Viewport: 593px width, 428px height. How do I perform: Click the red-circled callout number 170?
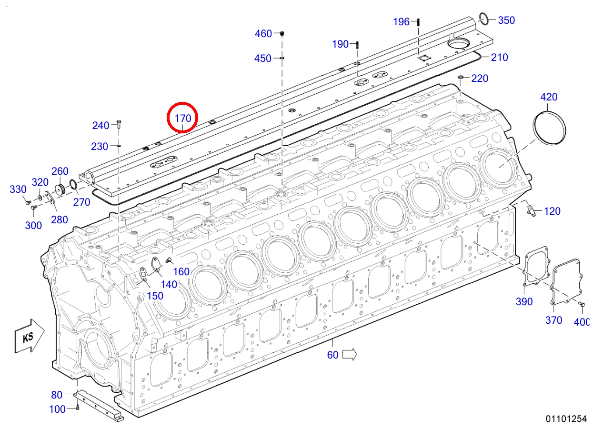[182, 118]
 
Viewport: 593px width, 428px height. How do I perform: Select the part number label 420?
[549, 97]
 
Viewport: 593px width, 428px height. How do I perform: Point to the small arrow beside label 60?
[350, 354]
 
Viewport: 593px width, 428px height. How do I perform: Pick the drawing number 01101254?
[566, 419]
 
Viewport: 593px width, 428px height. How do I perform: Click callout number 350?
[506, 20]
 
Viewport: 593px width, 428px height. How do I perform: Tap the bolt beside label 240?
[119, 125]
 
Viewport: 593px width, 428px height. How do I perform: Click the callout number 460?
[263, 33]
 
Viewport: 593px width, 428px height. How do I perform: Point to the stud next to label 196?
[418, 21]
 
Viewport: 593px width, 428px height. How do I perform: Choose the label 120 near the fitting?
[552, 211]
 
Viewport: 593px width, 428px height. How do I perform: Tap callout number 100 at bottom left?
[58, 408]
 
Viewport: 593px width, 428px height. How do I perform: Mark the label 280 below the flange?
[60, 219]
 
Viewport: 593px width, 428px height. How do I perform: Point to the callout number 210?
[500, 57]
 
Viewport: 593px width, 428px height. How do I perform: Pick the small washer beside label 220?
[461, 77]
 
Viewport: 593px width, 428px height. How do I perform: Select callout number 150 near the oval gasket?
[155, 295]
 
